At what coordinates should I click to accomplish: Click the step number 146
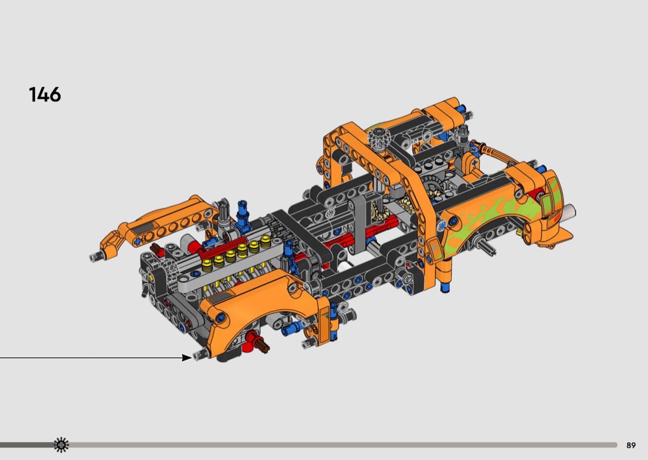point(44,94)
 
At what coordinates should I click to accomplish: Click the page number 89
point(631,445)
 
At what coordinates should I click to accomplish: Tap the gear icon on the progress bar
point(61,445)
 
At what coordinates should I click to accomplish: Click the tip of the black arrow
point(191,358)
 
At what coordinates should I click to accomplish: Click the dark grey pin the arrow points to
point(199,355)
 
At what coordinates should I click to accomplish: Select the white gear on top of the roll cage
point(377,138)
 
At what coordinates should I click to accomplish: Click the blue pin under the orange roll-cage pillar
point(445,287)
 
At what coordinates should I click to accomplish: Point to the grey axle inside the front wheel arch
point(486,245)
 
